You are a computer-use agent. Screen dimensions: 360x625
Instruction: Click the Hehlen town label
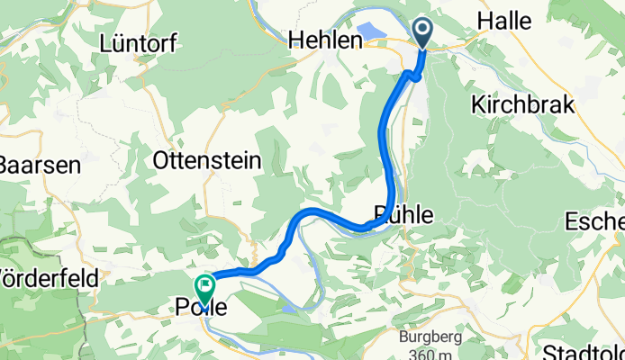pos(324,40)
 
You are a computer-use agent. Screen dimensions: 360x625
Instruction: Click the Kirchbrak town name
pos(522,104)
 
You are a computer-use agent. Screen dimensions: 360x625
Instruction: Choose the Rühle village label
pos(403,214)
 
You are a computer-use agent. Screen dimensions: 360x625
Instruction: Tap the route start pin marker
pos(423,32)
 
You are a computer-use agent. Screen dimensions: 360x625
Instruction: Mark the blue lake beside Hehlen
pos(374,40)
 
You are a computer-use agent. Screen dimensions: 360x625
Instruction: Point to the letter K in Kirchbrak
pos(477,104)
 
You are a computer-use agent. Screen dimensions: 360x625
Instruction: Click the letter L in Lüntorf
pos(108,42)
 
